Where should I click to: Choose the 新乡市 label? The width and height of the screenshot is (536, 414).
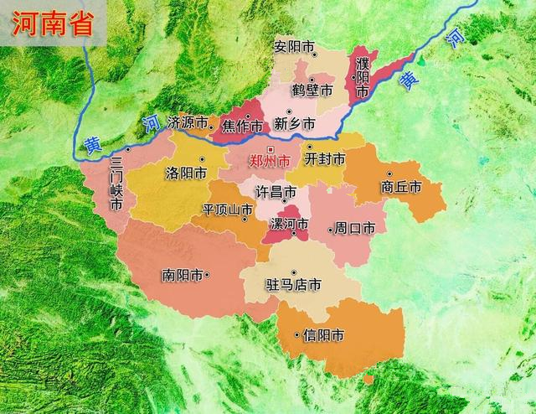[296, 123]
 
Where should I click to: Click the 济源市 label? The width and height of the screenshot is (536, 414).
[187, 122]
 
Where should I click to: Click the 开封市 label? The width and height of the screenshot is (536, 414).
[325, 158]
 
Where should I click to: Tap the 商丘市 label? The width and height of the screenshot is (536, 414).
[399, 186]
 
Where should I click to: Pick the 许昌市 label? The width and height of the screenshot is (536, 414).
[275, 192]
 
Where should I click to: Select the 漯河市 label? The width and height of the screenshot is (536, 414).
[289, 224]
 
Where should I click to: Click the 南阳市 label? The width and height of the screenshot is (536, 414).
[183, 274]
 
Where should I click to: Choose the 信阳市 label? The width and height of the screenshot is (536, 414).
[325, 335]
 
